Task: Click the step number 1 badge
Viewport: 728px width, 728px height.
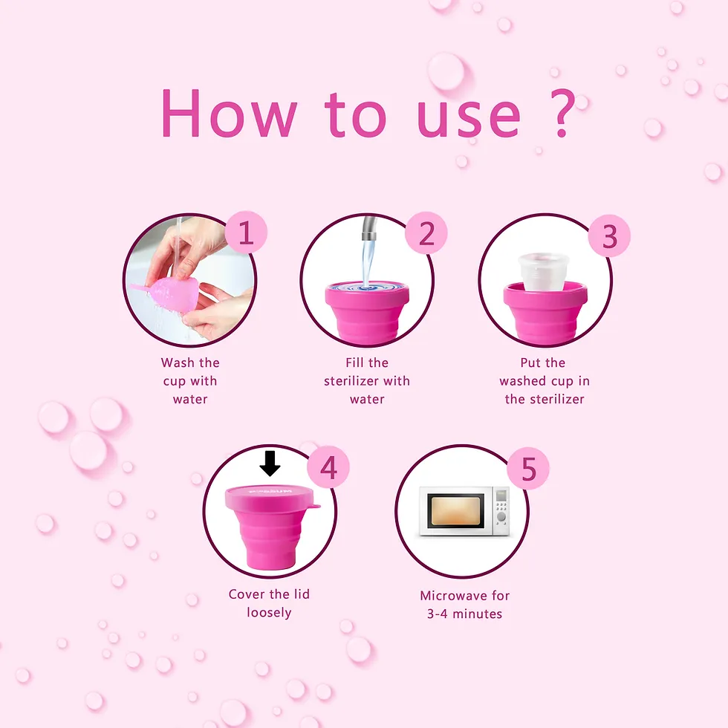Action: click(246, 232)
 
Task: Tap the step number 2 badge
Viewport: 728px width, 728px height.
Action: click(426, 233)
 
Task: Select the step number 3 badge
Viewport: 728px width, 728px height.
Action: click(609, 236)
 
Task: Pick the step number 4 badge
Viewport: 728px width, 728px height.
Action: click(328, 467)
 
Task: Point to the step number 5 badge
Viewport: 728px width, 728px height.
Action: click(528, 469)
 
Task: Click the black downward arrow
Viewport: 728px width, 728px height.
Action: click(270, 464)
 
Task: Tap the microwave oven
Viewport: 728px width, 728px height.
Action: click(464, 511)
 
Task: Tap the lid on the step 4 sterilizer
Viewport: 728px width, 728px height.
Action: click(272, 498)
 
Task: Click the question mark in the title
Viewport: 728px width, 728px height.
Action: click(562, 113)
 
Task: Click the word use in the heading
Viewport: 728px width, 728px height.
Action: click(469, 119)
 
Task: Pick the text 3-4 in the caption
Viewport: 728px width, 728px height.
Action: click(437, 614)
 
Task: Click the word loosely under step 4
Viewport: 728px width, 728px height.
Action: click(269, 613)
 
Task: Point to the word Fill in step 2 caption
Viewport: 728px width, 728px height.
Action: click(355, 363)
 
